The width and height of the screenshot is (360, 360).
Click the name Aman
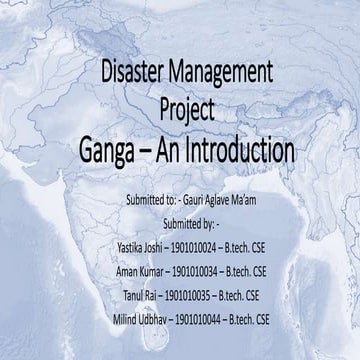pyautogui.click(x=131, y=269)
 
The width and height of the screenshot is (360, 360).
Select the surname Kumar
pyautogui.click(x=162, y=269)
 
